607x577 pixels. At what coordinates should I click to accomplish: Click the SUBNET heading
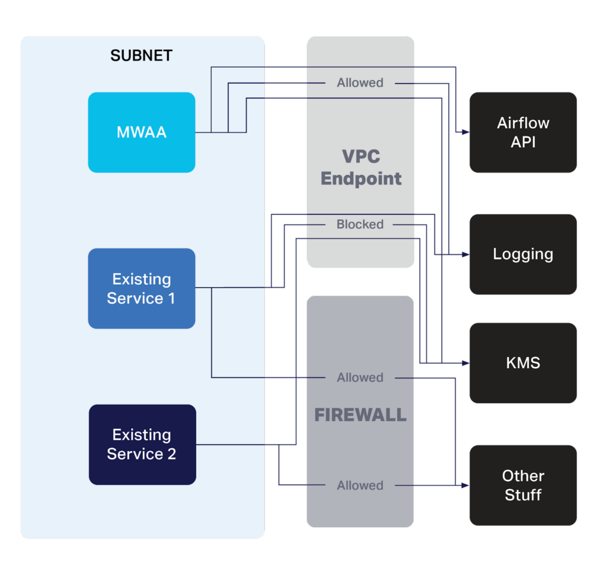141,56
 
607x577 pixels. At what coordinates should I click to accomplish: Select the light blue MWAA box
142,132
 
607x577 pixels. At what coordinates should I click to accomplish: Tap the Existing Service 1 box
142,289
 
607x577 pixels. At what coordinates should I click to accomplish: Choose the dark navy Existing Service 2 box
142,444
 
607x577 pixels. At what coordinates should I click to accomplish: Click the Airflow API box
523,132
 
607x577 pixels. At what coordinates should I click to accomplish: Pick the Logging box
523,254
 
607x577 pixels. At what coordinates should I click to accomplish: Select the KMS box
523,363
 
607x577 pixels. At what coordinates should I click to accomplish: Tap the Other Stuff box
523,485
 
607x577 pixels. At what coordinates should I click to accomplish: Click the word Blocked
360,225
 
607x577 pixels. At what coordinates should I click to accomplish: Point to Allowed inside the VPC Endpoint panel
360,83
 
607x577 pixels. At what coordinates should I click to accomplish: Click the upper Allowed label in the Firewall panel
360,378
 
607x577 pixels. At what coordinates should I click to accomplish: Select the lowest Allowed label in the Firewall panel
360,486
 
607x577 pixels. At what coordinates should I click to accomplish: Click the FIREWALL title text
360,415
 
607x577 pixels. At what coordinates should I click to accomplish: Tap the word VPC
361,157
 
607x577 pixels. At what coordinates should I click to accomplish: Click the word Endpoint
361,178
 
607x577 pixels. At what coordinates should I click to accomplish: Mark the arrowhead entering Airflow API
466,132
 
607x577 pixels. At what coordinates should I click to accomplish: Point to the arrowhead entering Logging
466,254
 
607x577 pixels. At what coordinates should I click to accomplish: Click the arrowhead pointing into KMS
466,363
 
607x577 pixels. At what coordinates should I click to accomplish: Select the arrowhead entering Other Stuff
466,485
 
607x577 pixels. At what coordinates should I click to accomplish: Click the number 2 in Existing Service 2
171,454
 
